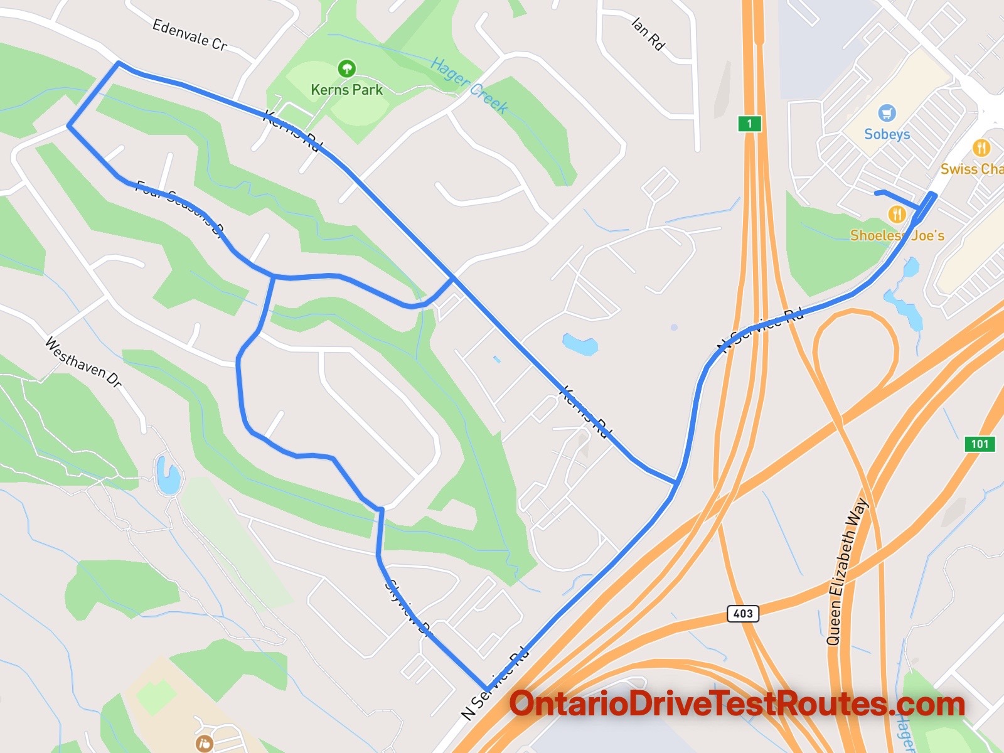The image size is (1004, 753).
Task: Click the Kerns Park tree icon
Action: (x=346, y=68)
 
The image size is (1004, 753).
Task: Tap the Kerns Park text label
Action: (x=346, y=90)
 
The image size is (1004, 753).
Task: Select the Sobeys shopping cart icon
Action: (x=887, y=114)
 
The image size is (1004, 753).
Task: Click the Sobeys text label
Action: (x=887, y=134)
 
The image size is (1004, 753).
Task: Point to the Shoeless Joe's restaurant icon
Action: (x=897, y=215)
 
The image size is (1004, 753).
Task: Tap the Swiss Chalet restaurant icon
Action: (x=981, y=148)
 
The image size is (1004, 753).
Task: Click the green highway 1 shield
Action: (x=749, y=123)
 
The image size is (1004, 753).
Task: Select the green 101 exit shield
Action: (x=980, y=444)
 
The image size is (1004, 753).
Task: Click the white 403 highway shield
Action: (x=743, y=613)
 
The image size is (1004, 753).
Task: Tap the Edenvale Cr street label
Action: (x=190, y=35)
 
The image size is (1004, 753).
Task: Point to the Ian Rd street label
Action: (x=648, y=34)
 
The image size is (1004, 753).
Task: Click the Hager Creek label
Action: (x=469, y=85)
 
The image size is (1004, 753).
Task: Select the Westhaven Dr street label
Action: (x=83, y=362)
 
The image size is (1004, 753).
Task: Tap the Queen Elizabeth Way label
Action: (x=847, y=572)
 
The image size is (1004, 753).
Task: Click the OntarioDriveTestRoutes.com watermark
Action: (x=737, y=704)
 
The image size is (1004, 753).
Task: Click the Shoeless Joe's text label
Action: (x=897, y=235)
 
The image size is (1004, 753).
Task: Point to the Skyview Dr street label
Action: (x=409, y=608)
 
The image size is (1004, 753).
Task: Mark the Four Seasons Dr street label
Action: (x=180, y=209)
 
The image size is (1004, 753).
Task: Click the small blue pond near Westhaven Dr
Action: (x=168, y=475)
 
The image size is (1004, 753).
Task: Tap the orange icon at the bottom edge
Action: (x=205, y=744)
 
